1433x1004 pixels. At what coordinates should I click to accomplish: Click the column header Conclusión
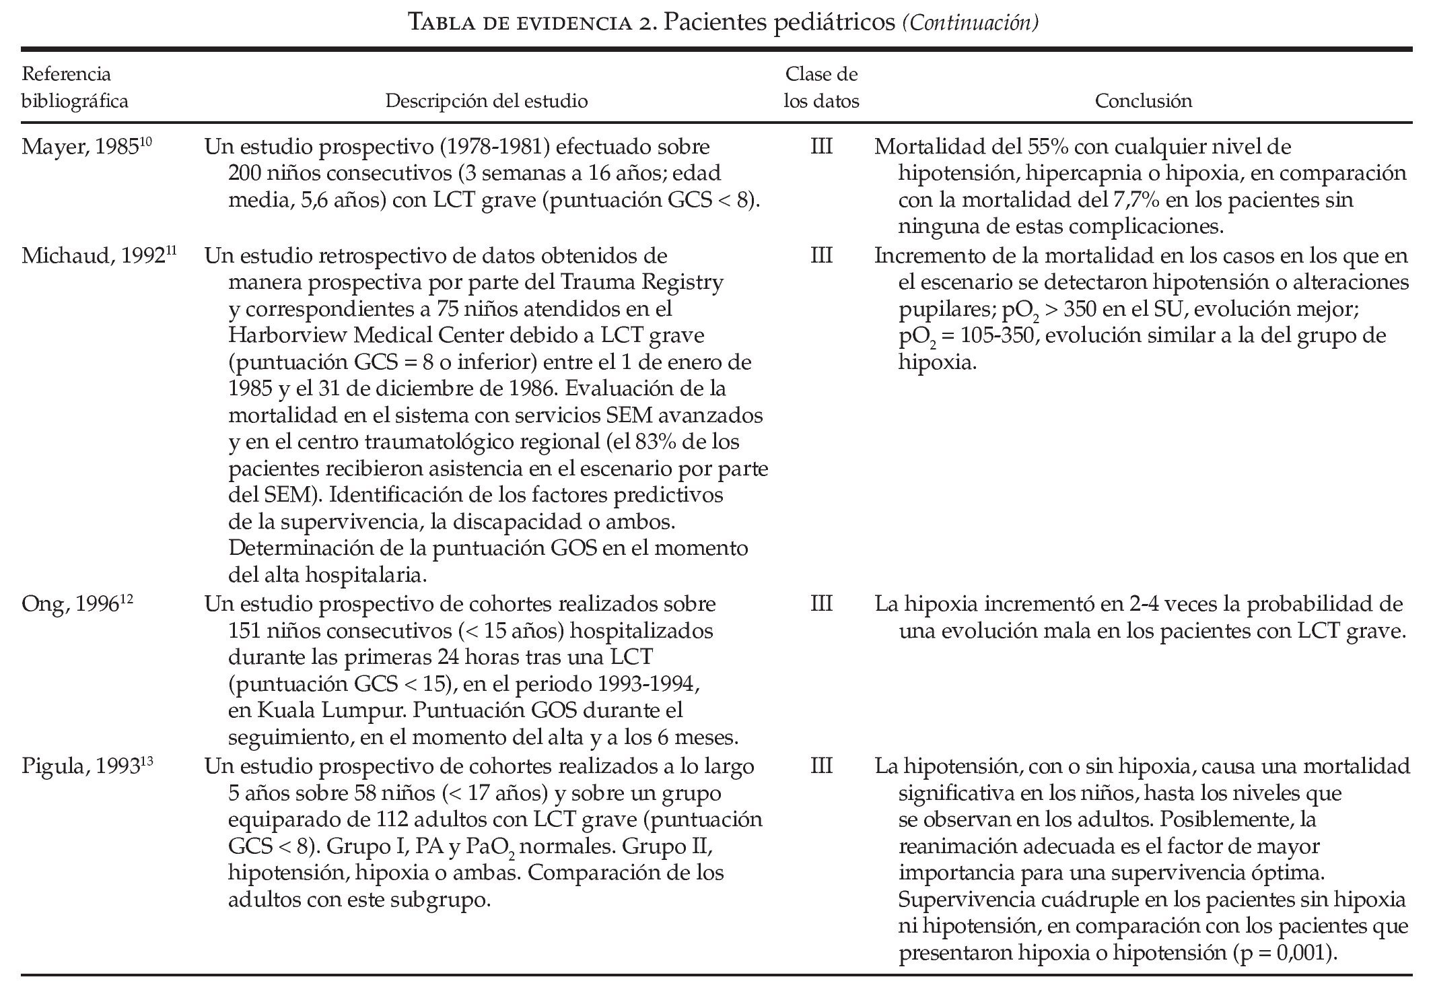point(1143,101)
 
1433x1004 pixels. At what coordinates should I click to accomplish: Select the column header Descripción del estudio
point(486,101)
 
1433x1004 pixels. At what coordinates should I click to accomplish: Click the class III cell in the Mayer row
point(821,147)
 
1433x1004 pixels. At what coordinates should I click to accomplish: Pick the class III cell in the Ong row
point(821,604)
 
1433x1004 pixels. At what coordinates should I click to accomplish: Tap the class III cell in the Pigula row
point(821,766)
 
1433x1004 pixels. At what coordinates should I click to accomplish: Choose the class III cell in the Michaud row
point(821,256)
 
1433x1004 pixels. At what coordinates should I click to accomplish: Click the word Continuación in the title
point(970,24)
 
